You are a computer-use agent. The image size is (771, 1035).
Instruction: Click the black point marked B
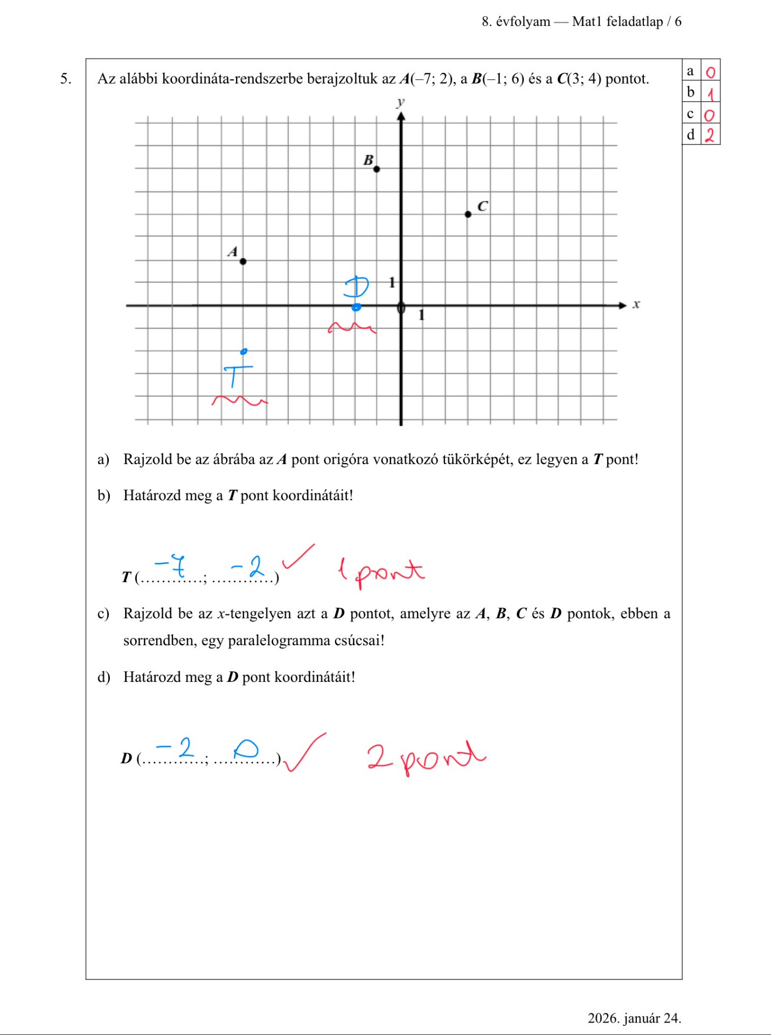[377, 169]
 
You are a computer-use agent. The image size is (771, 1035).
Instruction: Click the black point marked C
[468, 215]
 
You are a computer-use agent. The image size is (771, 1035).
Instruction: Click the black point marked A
[243, 261]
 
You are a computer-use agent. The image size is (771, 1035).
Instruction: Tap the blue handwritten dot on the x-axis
[356, 307]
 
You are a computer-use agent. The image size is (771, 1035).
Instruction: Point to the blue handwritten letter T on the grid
[236, 374]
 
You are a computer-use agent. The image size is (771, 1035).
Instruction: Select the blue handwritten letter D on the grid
[357, 287]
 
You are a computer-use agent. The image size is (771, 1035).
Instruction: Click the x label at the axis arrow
[636, 305]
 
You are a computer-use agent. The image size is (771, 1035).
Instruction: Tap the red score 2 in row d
[710, 135]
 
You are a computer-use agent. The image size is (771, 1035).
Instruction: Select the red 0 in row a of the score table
[711, 72]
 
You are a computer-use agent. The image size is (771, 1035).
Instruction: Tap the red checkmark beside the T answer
[297, 556]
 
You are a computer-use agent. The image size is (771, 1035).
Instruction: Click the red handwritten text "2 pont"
[426, 756]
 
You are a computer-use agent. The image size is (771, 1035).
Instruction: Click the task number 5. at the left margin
[66, 79]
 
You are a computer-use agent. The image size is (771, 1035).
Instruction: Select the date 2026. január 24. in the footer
[634, 1018]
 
